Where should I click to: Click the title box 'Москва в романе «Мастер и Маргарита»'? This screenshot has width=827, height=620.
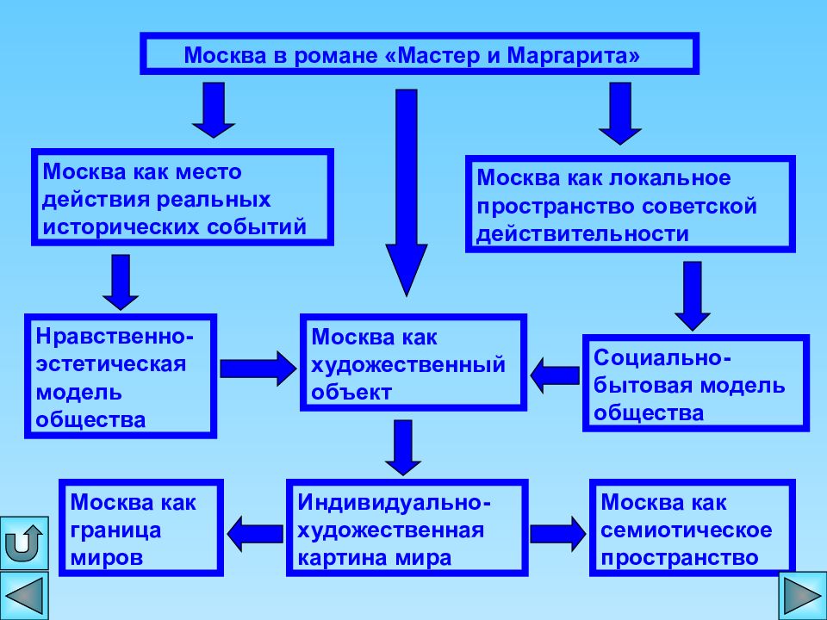420,53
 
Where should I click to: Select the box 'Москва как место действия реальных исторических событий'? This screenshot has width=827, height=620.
183,197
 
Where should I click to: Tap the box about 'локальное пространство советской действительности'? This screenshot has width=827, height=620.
631,204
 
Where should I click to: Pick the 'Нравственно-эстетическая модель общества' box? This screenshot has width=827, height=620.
121,376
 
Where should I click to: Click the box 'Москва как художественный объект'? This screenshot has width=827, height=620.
413,363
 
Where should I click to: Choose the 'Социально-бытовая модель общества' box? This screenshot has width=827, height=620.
696,383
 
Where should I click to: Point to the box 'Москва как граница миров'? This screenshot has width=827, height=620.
140,528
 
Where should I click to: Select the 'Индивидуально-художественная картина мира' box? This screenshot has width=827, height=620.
407,528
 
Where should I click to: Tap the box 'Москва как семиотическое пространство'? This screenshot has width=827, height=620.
692,528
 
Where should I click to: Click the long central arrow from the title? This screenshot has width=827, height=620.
406,192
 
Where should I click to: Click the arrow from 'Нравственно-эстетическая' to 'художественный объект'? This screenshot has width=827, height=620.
258,369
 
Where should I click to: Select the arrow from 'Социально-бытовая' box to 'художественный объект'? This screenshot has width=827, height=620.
555,375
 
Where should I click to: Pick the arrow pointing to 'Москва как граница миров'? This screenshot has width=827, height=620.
255,534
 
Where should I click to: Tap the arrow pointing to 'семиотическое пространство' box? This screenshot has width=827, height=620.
558,534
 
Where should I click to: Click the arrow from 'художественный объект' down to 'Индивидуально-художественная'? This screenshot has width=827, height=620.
403,448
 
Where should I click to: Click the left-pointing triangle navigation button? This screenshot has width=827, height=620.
24,597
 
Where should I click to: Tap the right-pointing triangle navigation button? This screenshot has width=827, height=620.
803,597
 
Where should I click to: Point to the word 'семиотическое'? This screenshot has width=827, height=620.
687,530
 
